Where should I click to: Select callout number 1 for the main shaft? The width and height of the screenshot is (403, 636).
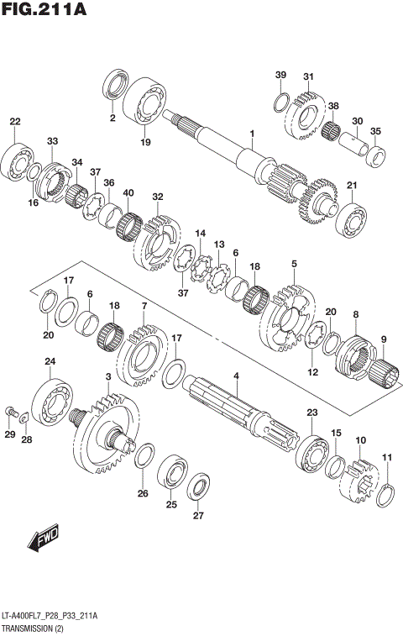point(250,134)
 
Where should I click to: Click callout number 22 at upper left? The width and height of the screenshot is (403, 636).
point(15,123)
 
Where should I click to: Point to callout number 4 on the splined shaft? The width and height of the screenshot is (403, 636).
point(236,377)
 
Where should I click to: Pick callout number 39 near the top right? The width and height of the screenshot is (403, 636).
point(280,76)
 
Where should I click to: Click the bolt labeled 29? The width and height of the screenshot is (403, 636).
point(10,412)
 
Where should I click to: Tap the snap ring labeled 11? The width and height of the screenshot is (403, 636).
point(385,494)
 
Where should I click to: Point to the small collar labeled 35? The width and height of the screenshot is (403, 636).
point(377,155)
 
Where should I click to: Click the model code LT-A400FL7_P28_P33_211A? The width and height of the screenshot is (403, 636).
point(50,616)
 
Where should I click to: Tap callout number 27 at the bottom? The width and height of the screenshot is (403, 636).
point(198,516)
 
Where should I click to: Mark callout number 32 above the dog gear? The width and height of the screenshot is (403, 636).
point(157,197)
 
